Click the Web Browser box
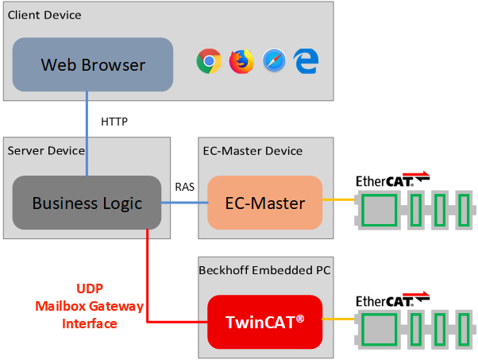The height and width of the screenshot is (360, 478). [x=93, y=64]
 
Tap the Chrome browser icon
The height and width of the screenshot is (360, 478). [x=209, y=61]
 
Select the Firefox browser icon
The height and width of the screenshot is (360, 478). [x=241, y=61]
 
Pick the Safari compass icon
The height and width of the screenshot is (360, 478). [x=274, y=61]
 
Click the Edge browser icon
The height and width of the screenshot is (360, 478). [x=306, y=61]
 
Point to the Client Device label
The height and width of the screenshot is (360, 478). [x=44, y=15]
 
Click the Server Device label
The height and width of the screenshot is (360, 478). [x=45, y=150]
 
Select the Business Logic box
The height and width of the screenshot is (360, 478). [x=87, y=203]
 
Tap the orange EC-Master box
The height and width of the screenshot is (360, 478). [x=265, y=203]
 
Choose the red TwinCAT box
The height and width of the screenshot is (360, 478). [x=265, y=322]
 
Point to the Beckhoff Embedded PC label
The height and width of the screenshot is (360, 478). [x=264, y=270]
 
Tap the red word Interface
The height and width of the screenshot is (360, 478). [x=89, y=323]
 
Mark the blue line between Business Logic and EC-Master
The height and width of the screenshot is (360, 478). [x=184, y=203]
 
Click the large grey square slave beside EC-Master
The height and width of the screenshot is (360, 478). [x=379, y=211]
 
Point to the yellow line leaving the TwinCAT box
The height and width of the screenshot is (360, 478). [x=337, y=320]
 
